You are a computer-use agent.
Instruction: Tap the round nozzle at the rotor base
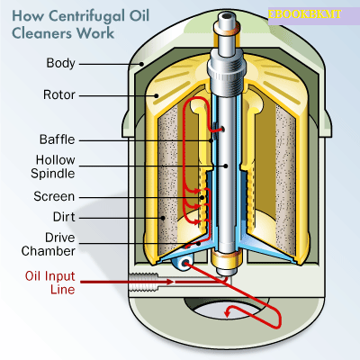point(184,261)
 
